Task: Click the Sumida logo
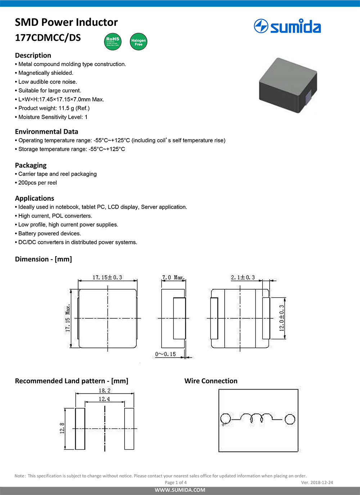coord(287,27)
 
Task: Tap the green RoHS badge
coord(113,41)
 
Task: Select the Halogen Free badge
coord(138,42)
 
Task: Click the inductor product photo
coord(288,85)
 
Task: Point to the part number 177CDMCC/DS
coord(48,38)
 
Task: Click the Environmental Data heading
coord(46,132)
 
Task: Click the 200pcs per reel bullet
coord(37,183)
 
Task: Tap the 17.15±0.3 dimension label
coord(107,277)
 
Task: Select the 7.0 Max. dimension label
coord(173,277)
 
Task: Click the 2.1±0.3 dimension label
coord(243,277)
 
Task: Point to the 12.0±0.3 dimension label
coord(282,318)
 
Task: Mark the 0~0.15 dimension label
coord(166,354)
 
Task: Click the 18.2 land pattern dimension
coord(104,390)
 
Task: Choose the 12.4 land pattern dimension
coord(104,399)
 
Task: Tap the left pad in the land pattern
coord(80,428)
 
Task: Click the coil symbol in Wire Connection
coord(256,418)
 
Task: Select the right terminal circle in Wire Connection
coord(290,419)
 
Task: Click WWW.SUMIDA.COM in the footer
coord(180,490)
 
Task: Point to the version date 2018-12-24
coord(321,482)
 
